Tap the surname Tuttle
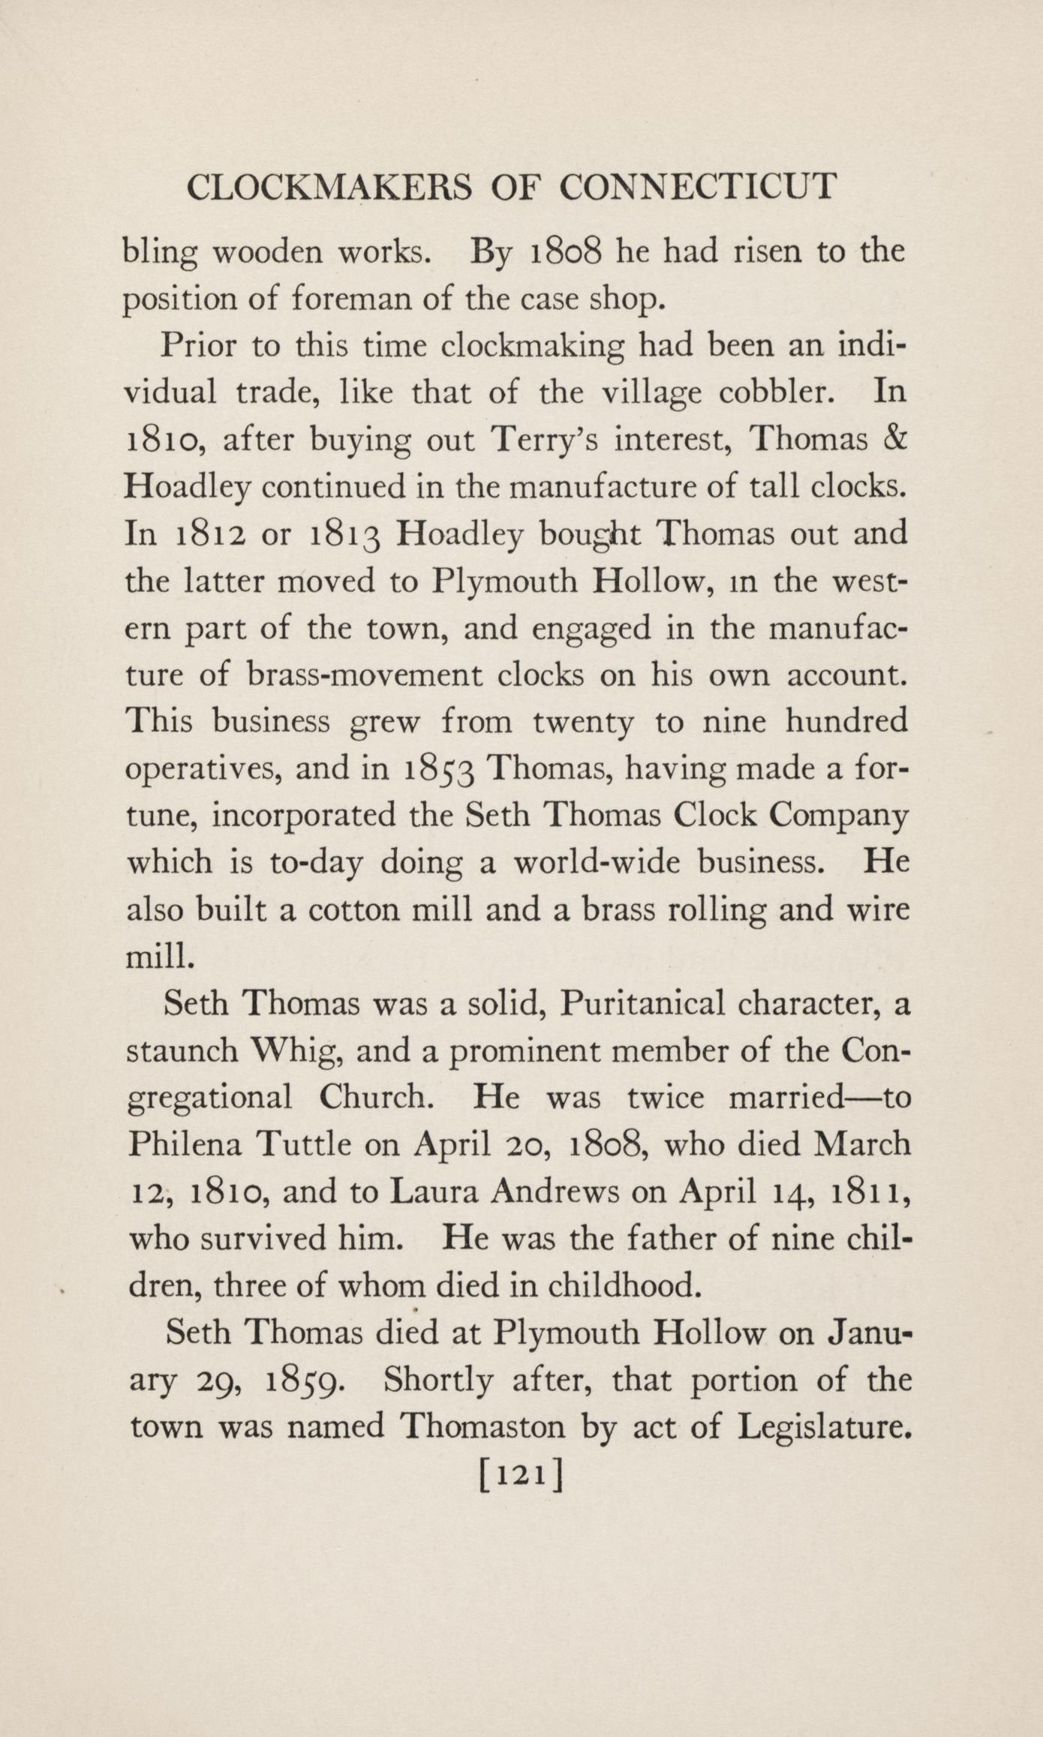coord(303,1145)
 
